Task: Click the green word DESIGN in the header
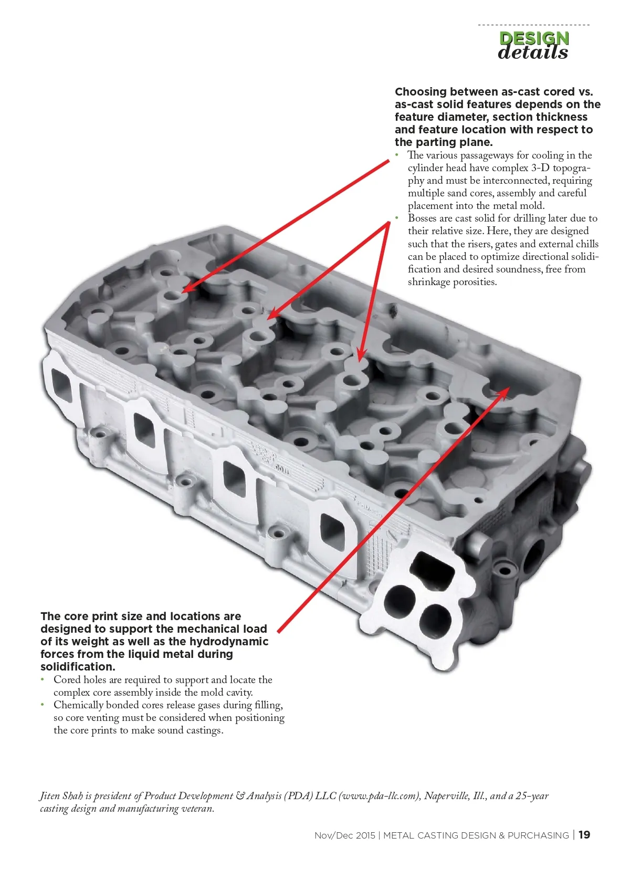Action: [x=534, y=38]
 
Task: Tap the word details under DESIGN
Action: [x=533, y=53]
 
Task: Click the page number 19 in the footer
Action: [x=584, y=835]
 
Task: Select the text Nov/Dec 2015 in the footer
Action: [x=344, y=835]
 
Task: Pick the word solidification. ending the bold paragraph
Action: [x=78, y=666]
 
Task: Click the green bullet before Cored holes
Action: [x=43, y=679]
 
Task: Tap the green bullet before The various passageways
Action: [x=397, y=155]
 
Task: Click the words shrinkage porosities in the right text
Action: [x=452, y=282]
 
